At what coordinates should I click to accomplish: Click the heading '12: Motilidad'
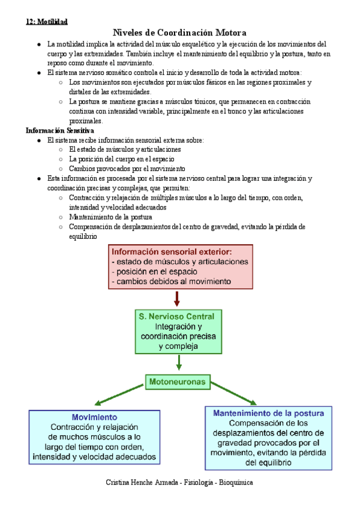[46, 22]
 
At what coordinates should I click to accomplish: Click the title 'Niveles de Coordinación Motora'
[180, 32]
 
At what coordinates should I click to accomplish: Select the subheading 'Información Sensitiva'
[59, 130]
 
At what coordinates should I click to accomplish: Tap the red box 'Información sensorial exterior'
[181, 266]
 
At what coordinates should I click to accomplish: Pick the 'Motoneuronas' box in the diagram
[177, 381]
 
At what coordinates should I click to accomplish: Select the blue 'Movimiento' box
[94, 437]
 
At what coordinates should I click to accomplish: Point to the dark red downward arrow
[177, 297]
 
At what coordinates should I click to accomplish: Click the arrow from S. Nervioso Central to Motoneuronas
[179, 362]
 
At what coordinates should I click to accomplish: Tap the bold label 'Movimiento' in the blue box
[94, 417]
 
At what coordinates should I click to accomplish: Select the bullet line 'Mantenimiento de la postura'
[110, 217]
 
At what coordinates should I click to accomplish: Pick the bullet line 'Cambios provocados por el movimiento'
[127, 169]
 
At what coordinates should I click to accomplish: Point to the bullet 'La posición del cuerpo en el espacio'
[122, 159]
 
